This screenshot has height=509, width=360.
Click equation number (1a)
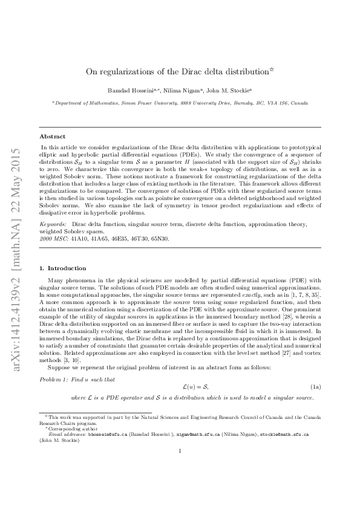click(x=316, y=386)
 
